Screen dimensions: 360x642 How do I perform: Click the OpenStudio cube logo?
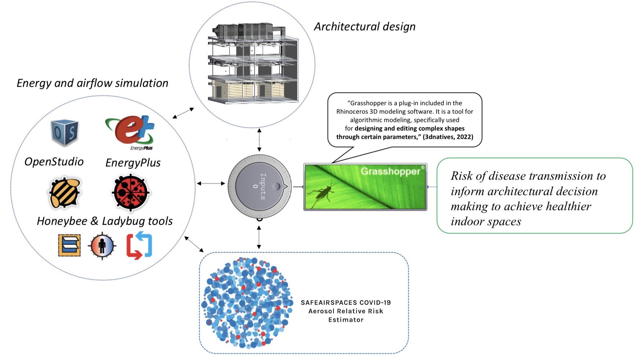click(x=65, y=132)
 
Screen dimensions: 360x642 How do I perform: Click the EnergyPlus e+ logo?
click(x=131, y=131)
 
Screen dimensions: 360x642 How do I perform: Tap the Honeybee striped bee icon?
click(x=65, y=193)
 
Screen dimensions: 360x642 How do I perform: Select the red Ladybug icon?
click(x=131, y=193)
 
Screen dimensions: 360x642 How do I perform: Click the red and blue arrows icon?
click(x=139, y=246)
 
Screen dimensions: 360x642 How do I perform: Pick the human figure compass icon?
click(x=102, y=246)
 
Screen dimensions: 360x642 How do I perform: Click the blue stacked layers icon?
click(x=69, y=246)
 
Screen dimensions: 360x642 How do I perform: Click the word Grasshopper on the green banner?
click(x=390, y=171)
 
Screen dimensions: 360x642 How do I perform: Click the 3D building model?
click(x=253, y=64)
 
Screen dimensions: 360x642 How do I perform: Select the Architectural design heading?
click(x=365, y=27)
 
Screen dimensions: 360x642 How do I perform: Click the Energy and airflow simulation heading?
click(x=92, y=83)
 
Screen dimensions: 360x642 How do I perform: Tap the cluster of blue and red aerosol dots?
click(x=247, y=303)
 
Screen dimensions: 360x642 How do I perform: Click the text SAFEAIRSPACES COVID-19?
click(x=346, y=302)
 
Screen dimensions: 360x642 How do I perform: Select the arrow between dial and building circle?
click(x=259, y=140)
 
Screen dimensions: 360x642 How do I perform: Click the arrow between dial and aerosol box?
click(x=259, y=237)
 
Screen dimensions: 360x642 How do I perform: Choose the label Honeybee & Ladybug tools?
click(x=105, y=221)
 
